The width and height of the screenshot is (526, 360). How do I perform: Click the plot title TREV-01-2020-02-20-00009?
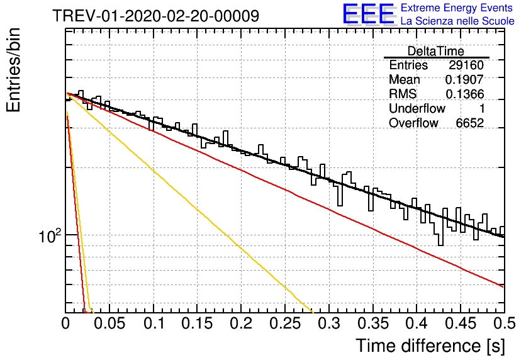click(156, 16)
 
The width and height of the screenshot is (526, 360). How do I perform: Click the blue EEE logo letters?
click(369, 14)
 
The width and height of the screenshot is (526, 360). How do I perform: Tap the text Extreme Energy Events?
click(457, 8)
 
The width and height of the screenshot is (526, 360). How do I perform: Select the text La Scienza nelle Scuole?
click(457, 21)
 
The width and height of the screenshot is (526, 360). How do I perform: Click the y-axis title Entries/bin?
click(13, 70)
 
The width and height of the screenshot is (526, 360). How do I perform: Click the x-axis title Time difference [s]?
click(430, 346)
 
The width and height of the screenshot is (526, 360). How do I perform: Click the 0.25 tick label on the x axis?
click(285, 323)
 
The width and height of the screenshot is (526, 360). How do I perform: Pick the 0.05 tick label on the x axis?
click(109, 323)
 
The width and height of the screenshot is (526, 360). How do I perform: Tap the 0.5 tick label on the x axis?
click(505, 323)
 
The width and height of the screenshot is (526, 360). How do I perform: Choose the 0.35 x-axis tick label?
click(373, 323)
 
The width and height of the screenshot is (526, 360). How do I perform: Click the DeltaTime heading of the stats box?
click(436, 51)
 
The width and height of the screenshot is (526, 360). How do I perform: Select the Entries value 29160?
click(466, 65)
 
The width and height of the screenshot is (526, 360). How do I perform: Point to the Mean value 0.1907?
click(464, 79)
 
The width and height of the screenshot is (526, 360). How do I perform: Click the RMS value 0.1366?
click(464, 94)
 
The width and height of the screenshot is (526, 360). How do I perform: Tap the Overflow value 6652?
click(469, 123)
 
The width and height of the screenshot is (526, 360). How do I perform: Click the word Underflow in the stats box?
click(417, 108)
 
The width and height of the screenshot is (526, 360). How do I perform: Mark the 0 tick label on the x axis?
click(65, 323)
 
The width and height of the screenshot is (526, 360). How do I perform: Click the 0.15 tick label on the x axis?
click(198, 323)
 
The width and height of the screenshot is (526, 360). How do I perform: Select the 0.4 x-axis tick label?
click(417, 323)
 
